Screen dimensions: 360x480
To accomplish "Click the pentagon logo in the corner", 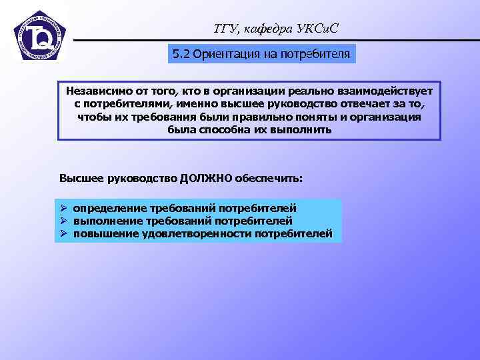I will [39, 37].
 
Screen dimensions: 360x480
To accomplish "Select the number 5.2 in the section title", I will [181, 54].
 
